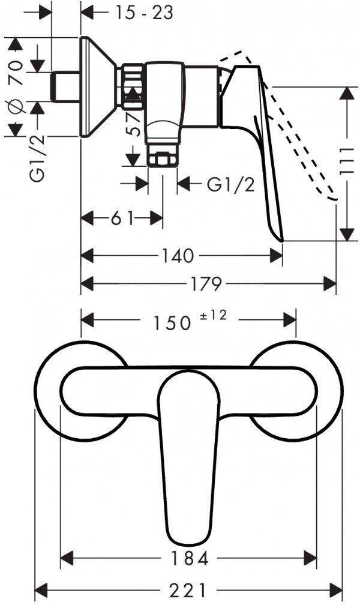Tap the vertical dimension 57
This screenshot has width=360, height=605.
pos(134,123)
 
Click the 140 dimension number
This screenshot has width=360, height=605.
pos(178,256)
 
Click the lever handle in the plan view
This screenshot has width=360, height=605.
pos(188,456)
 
